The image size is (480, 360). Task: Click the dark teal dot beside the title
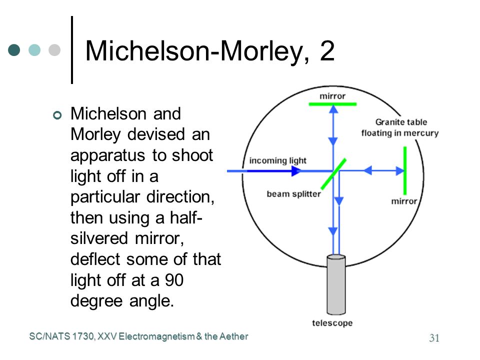[14, 50]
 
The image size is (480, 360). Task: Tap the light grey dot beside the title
[54, 50]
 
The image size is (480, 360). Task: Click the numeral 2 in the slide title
[327, 51]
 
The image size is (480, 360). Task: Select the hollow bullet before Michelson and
[57, 115]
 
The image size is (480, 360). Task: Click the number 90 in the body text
[174, 280]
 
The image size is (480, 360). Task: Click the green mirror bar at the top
[333, 104]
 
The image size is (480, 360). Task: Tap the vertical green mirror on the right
[405, 170]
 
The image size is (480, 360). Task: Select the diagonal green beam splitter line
[333, 173]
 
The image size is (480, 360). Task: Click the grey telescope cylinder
[336, 284]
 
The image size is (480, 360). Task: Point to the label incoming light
[277, 160]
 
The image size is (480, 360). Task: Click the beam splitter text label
[293, 194]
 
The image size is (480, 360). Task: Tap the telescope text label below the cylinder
[332, 323]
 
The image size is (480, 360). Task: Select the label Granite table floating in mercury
[400, 127]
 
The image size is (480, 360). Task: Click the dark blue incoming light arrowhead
[296, 171]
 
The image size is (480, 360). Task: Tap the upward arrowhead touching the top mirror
[333, 109]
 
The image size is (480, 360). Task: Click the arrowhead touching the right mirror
[400, 171]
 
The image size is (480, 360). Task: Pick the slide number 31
[434, 337]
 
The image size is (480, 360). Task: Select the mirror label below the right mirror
[404, 201]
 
